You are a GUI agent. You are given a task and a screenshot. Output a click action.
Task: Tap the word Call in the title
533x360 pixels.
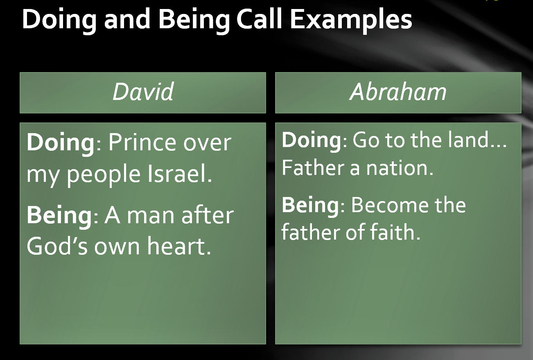click(259, 19)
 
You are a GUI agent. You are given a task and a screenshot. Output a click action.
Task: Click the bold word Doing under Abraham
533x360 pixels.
click(312, 141)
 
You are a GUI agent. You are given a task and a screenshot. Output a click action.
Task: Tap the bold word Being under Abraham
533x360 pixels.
click(310, 206)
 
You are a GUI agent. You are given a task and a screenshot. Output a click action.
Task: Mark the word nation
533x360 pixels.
click(400, 168)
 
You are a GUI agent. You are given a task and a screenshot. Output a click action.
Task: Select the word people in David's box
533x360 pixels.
click(104, 174)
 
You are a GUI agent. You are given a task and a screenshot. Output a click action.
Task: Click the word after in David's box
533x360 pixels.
click(208, 215)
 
